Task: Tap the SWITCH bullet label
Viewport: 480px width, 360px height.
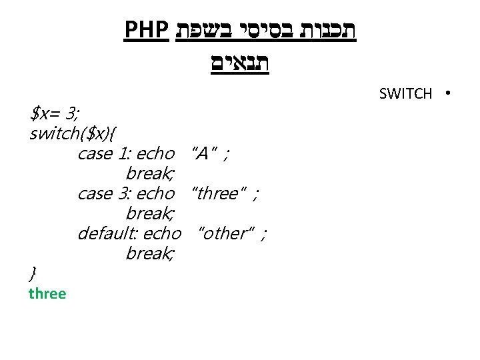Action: [x=405, y=93]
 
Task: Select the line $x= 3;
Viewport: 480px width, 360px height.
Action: [x=55, y=114]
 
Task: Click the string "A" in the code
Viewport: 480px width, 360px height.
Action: [x=202, y=154]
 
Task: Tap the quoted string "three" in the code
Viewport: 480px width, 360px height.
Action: [x=217, y=194]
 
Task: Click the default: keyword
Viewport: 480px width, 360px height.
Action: [x=107, y=233]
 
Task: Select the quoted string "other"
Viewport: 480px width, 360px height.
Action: [x=227, y=233]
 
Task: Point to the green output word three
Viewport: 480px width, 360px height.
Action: [x=47, y=293]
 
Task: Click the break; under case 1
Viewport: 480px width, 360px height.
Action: [x=150, y=174]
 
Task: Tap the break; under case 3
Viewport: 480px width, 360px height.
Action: [x=150, y=214]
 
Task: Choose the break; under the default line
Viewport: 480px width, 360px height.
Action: [x=150, y=253]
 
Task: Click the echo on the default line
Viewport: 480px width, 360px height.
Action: [x=162, y=233]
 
